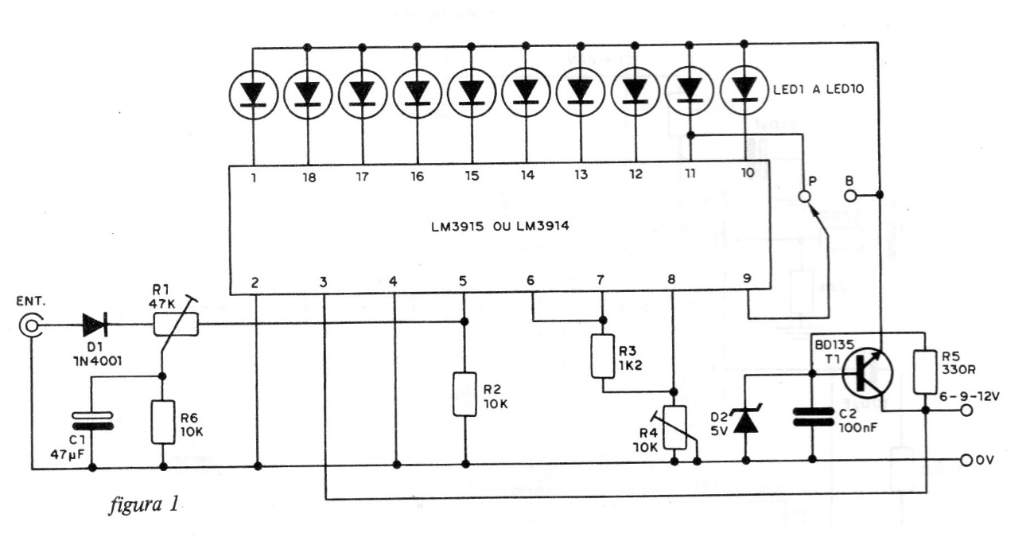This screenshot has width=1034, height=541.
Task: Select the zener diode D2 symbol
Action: tap(745, 420)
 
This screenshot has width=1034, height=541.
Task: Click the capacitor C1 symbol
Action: tap(91, 420)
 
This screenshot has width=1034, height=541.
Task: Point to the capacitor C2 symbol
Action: tap(812, 418)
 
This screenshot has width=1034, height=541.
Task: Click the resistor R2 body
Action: tap(465, 393)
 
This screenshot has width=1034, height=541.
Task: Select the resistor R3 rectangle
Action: tap(601, 355)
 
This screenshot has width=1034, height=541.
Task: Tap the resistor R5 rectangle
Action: tap(927, 371)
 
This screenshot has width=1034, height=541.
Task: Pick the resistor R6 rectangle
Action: tap(162, 422)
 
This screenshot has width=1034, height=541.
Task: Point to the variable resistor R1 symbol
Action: tap(174, 324)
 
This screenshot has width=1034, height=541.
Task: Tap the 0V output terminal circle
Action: tap(967, 460)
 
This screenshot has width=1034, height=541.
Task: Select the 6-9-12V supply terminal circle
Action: tap(967, 411)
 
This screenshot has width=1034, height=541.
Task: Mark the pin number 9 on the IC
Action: tap(746, 278)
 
